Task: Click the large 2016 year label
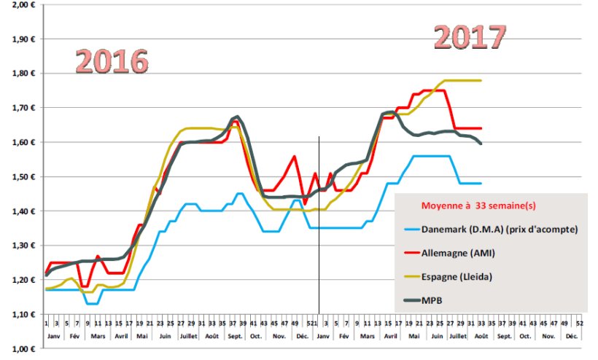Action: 112,62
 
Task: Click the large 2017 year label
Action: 470,36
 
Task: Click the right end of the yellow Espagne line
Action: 481,80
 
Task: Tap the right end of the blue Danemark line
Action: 481,183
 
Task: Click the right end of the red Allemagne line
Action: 481,128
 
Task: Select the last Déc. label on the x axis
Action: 571,337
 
